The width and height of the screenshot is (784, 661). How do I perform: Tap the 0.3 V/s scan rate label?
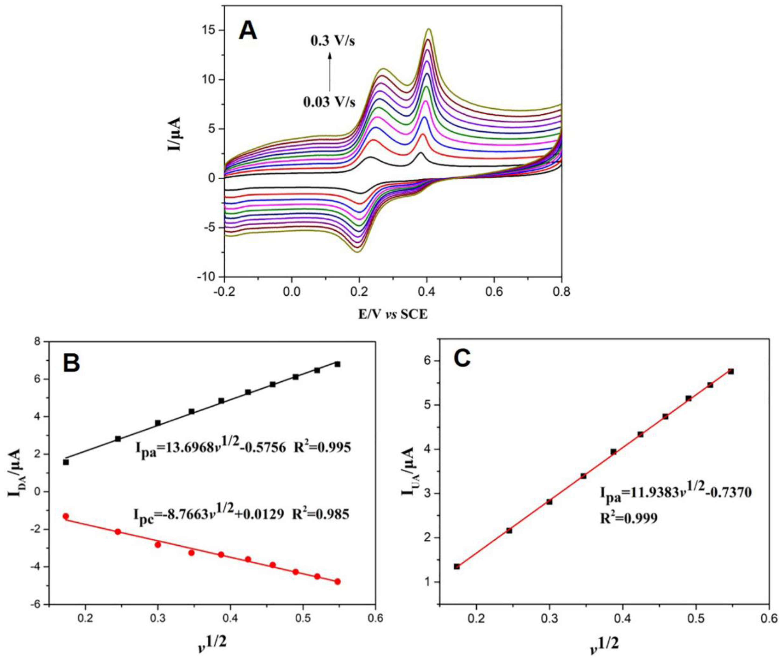tap(332, 41)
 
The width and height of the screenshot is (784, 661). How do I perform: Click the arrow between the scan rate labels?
tap(330, 71)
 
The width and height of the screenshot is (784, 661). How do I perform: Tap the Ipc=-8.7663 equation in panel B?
tap(241, 514)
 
